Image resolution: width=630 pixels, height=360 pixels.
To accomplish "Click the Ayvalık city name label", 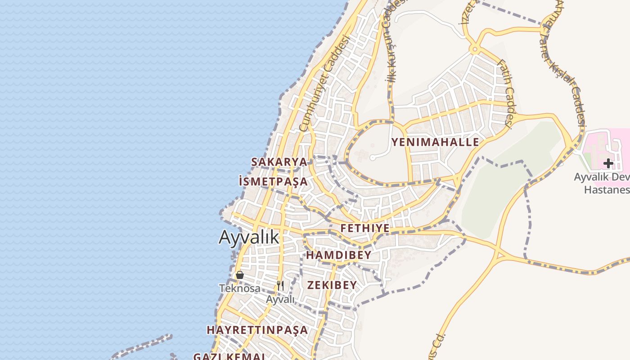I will point(249,237).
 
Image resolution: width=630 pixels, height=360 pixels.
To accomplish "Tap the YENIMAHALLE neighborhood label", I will point(435,142).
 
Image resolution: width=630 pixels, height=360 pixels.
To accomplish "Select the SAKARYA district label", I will point(279,162).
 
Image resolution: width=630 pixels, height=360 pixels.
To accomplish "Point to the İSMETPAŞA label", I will point(274,181).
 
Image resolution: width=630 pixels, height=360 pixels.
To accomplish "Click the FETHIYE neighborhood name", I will point(365,228).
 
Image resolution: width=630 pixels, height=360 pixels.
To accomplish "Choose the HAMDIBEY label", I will point(339,255).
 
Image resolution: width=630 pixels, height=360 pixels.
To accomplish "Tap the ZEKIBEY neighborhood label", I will point(332,285).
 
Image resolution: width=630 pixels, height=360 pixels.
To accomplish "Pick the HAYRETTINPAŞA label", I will point(257,330).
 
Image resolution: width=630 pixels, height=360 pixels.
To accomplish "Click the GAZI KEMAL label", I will point(229,356).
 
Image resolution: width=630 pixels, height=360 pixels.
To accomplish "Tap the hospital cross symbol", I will point(608,163).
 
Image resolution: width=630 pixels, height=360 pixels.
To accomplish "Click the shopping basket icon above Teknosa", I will point(240,274).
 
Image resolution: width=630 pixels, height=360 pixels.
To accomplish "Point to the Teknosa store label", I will point(240,288).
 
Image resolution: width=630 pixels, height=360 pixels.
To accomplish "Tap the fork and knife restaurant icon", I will point(280,285).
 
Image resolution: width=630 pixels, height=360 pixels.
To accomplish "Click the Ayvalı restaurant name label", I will point(280,299).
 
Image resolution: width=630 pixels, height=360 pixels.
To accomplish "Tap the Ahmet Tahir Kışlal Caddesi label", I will point(564,63).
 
